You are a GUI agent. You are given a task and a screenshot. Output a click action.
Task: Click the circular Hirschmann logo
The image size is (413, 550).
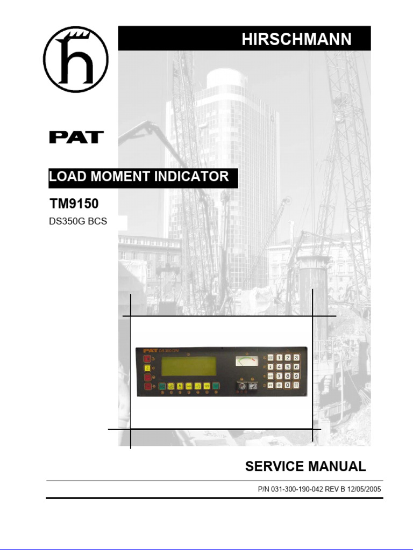pyautogui.click(x=76, y=59)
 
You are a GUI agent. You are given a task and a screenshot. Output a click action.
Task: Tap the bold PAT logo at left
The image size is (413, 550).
pyautogui.click(x=76, y=137)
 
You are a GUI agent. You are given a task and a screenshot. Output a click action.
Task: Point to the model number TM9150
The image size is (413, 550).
pyautogui.click(x=74, y=204)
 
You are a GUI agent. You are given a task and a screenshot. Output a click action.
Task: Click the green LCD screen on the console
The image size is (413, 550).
pyautogui.click(x=189, y=368)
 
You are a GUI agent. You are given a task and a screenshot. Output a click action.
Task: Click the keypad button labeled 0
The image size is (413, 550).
pyautogui.click(x=288, y=385)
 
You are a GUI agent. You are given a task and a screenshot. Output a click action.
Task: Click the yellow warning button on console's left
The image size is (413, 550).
pyautogui.click(x=146, y=368)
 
